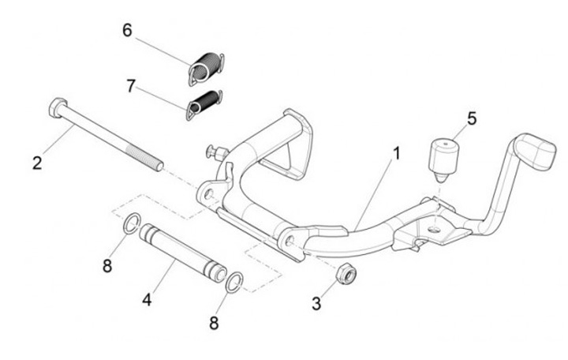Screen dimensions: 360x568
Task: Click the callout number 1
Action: pyautogui.click(x=397, y=152)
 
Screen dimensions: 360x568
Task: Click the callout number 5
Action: pyautogui.click(x=472, y=118)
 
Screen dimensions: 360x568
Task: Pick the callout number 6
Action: pyautogui.click(x=127, y=31)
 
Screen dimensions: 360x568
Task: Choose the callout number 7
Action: pyautogui.click(x=131, y=84)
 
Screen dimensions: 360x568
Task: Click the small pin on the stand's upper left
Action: pyautogui.click(x=214, y=149)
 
